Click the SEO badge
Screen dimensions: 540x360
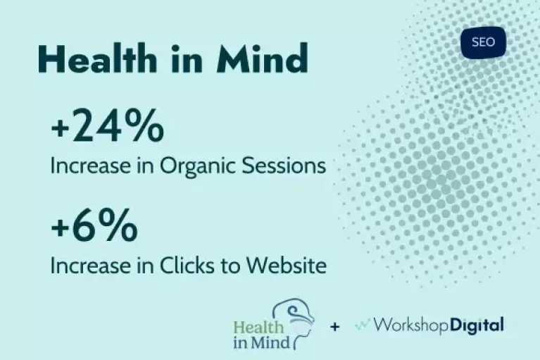click(x=483, y=42)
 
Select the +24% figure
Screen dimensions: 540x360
click(x=108, y=125)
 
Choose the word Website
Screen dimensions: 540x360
click(x=286, y=266)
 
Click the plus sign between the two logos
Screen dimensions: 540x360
click(x=334, y=326)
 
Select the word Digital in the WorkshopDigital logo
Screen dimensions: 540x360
click(x=477, y=325)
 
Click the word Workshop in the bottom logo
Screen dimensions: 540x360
click(x=411, y=325)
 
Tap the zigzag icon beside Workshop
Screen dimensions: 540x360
click(x=363, y=325)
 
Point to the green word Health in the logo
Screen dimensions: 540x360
click(x=258, y=327)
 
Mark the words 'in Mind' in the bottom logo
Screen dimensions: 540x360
click(x=262, y=343)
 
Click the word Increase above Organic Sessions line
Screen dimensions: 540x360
click(x=91, y=166)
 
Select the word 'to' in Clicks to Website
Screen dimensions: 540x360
click(x=232, y=266)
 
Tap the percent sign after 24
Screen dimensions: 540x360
click(x=144, y=125)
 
